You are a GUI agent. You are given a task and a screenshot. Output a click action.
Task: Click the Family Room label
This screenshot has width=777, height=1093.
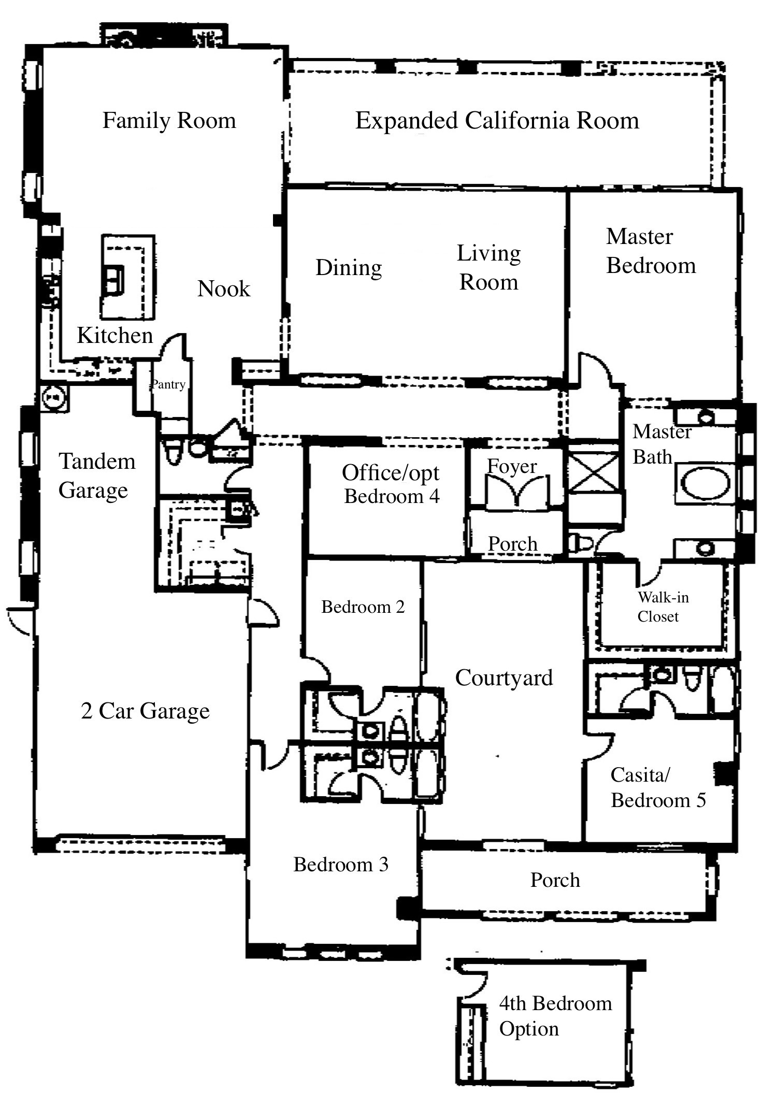[x=169, y=121]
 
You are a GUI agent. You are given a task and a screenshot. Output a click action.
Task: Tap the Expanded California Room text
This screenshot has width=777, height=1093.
[x=497, y=121]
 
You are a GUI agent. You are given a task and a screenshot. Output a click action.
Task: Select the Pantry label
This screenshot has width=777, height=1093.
[x=168, y=384]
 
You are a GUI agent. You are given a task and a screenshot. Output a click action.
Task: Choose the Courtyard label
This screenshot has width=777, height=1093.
[x=503, y=678]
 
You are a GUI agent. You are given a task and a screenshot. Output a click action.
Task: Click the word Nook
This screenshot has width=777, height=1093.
[x=224, y=289]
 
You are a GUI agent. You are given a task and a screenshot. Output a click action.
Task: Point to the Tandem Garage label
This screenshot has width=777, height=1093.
[x=96, y=475]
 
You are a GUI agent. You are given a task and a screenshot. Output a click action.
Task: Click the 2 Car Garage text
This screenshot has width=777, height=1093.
[x=145, y=711]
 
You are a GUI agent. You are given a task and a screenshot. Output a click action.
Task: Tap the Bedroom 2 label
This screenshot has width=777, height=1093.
[x=363, y=607]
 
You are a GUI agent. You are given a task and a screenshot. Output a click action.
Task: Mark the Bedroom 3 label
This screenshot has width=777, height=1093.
[x=340, y=864]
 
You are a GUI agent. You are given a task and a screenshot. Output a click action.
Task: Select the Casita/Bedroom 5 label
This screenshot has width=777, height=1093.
[x=658, y=787]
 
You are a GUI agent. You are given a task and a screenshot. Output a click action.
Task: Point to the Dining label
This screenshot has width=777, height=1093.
[x=349, y=268]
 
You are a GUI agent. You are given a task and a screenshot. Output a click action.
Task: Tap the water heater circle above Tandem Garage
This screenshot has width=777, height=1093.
[x=53, y=398]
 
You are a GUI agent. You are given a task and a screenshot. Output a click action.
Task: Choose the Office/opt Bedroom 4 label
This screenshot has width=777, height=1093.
[x=391, y=484]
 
